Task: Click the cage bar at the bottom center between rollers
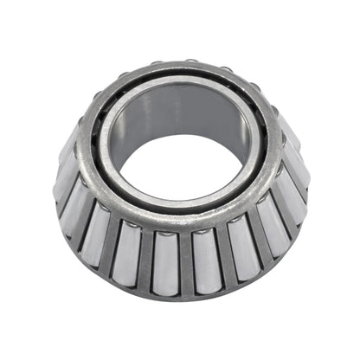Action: (x=185, y=260)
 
